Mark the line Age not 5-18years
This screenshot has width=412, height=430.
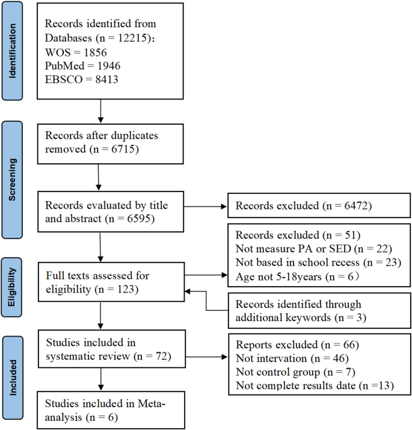292,278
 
